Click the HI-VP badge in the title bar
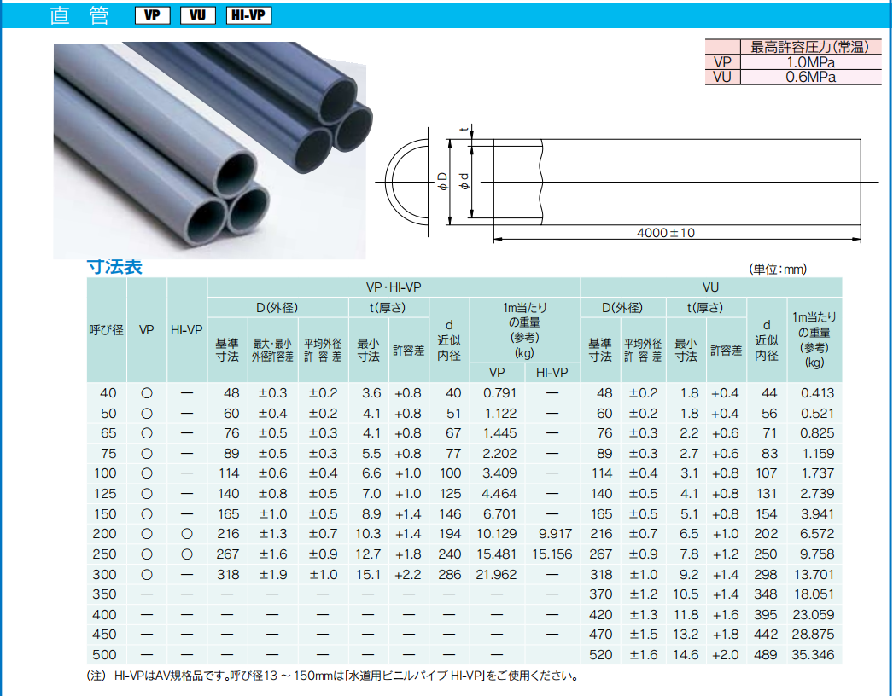(x=248, y=15)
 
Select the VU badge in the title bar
(x=197, y=15)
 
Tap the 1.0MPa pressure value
(x=810, y=62)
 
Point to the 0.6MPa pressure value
(x=810, y=77)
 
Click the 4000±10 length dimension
(x=666, y=233)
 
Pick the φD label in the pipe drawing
(x=442, y=183)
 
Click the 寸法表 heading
(x=114, y=267)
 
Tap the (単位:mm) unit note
(x=778, y=270)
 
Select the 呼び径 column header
(x=107, y=330)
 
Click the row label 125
(x=106, y=493)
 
